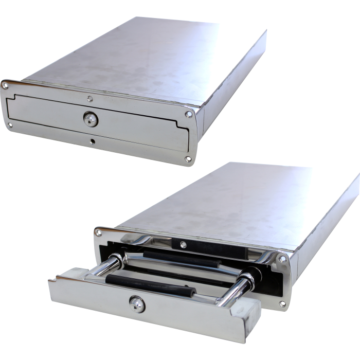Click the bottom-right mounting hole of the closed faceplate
[x=188, y=159]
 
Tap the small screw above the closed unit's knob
[x=91, y=98]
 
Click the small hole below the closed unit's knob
[x=93, y=141]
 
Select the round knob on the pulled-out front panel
[x=137, y=304]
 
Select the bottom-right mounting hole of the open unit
[x=282, y=304]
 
